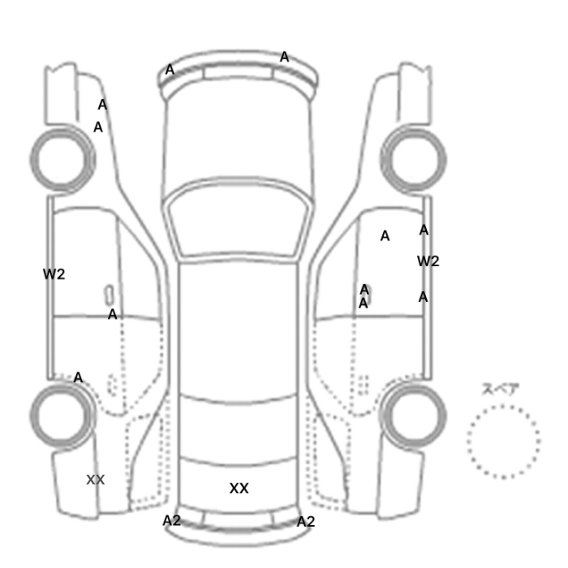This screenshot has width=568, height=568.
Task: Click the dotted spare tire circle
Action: pyautogui.click(x=504, y=407)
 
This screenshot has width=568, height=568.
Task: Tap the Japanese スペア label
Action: pyautogui.click(x=501, y=389)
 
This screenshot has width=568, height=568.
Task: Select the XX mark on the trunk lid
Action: pyautogui.click(x=239, y=488)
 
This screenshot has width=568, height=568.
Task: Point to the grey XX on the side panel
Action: pyautogui.click(x=96, y=480)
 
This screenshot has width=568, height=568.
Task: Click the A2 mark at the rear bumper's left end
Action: pyautogui.click(x=171, y=521)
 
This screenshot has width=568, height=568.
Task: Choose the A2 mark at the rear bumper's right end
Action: pyautogui.click(x=306, y=522)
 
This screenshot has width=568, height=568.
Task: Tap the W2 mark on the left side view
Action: pyautogui.click(x=54, y=274)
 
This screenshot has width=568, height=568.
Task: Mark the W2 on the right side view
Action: pyautogui.click(x=428, y=261)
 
